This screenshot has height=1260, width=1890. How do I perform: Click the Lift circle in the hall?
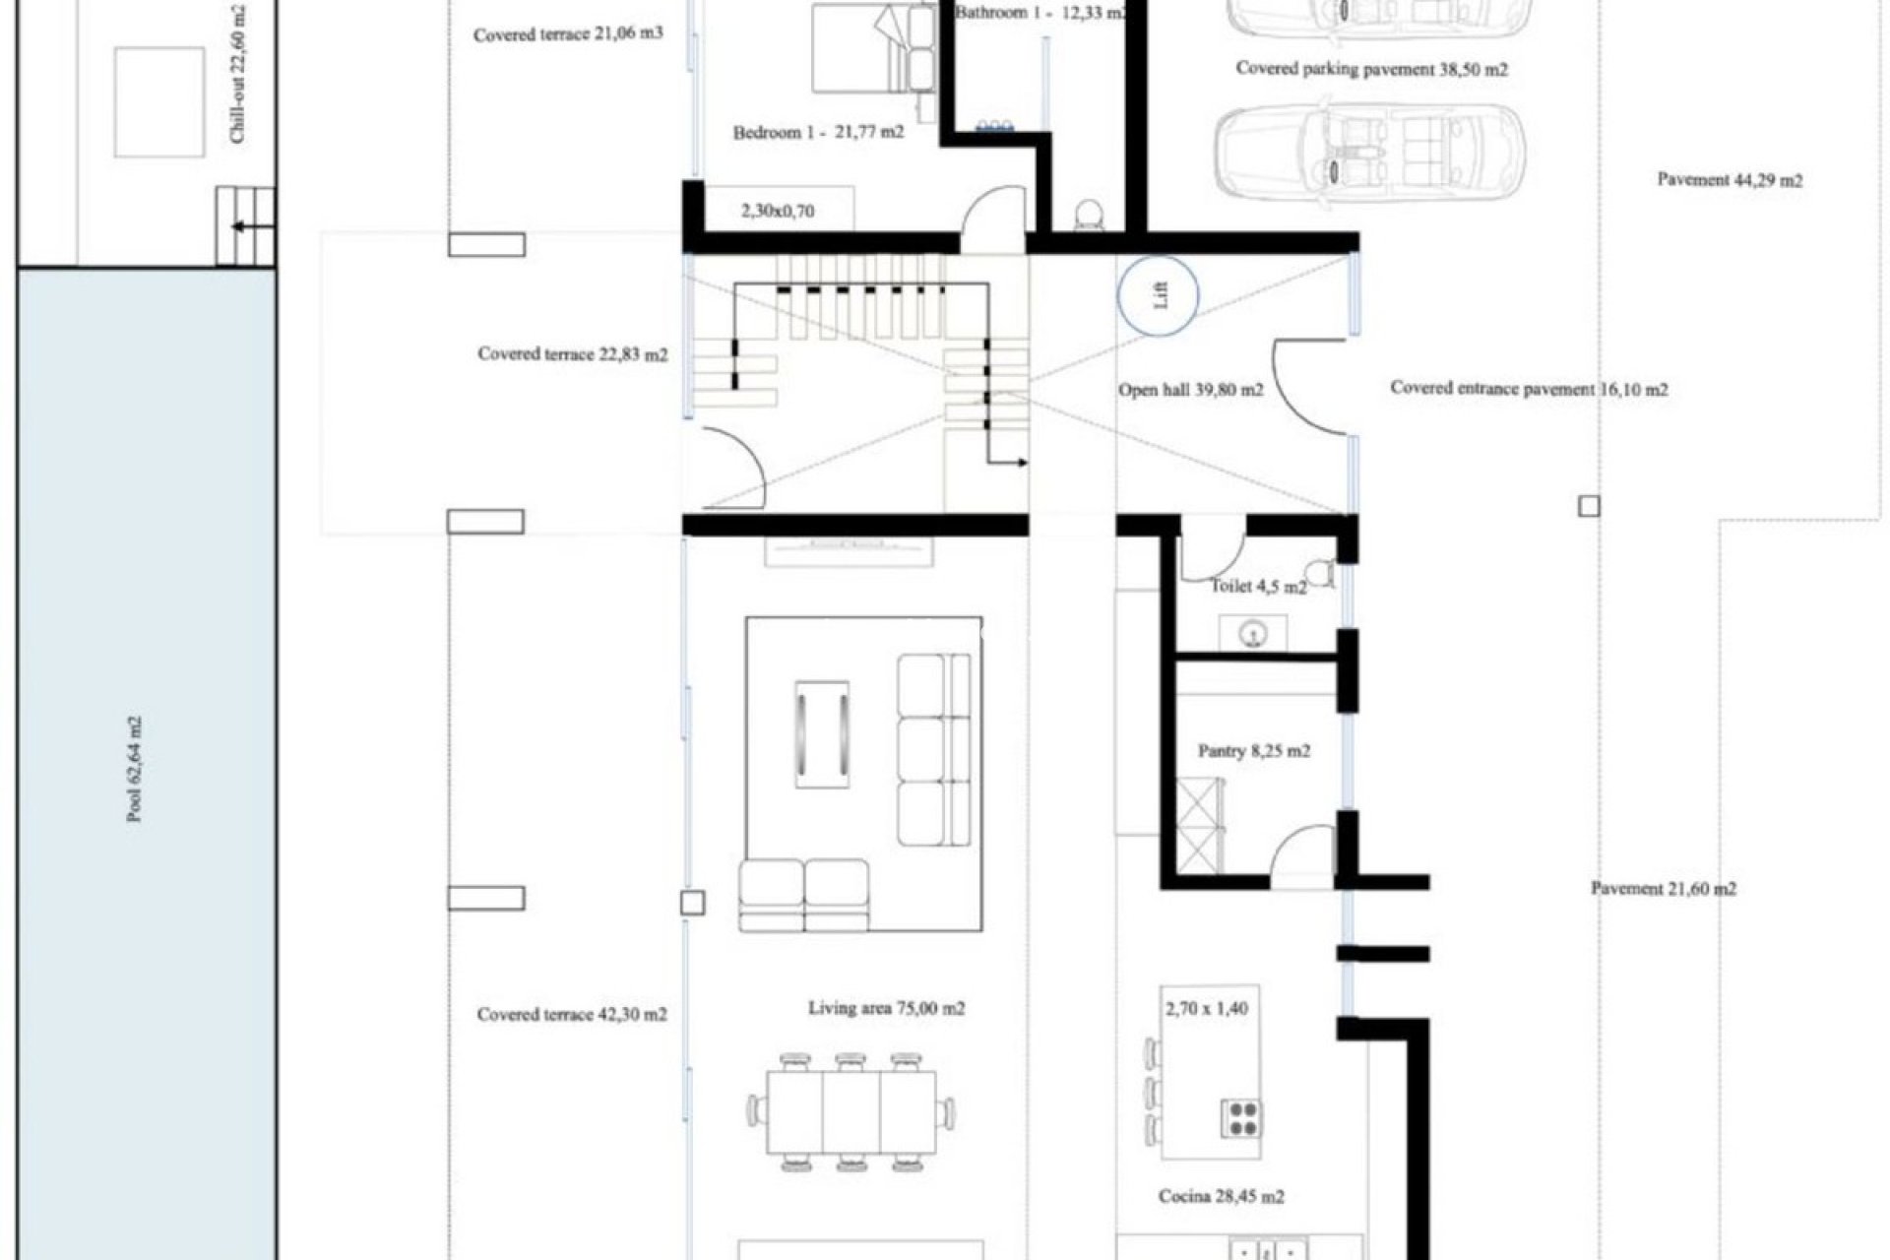[1159, 295]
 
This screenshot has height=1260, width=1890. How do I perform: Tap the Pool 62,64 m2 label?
[136, 770]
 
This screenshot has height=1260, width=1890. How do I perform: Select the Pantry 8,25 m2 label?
[1253, 751]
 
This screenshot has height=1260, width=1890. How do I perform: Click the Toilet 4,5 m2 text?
[1258, 587]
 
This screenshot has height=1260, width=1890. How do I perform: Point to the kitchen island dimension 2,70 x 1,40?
[1206, 1009]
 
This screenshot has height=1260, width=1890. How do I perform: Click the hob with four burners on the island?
[1241, 1119]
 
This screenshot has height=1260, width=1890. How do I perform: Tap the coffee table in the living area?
[822, 734]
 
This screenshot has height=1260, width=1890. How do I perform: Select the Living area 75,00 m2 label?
[886, 1009]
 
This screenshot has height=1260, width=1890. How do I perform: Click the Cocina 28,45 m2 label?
[1221, 1197]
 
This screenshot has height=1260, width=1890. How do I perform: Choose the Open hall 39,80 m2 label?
[1190, 390]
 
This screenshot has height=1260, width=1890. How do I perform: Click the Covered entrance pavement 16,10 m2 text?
[1529, 389]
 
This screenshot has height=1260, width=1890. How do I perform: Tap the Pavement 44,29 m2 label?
[1730, 180]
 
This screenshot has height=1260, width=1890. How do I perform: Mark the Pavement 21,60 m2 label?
[1664, 889]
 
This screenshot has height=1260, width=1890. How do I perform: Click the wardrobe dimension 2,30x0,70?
[777, 211]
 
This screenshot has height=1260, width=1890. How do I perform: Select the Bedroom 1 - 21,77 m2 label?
[818, 132]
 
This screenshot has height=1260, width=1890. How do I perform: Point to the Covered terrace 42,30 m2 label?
[572, 1014]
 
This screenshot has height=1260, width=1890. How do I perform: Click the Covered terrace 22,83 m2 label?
[572, 354]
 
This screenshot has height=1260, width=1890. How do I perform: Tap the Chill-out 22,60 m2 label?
[238, 74]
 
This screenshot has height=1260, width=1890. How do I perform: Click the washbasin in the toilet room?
[1253, 635]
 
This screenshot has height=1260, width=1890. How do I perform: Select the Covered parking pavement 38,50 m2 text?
[1371, 69]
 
